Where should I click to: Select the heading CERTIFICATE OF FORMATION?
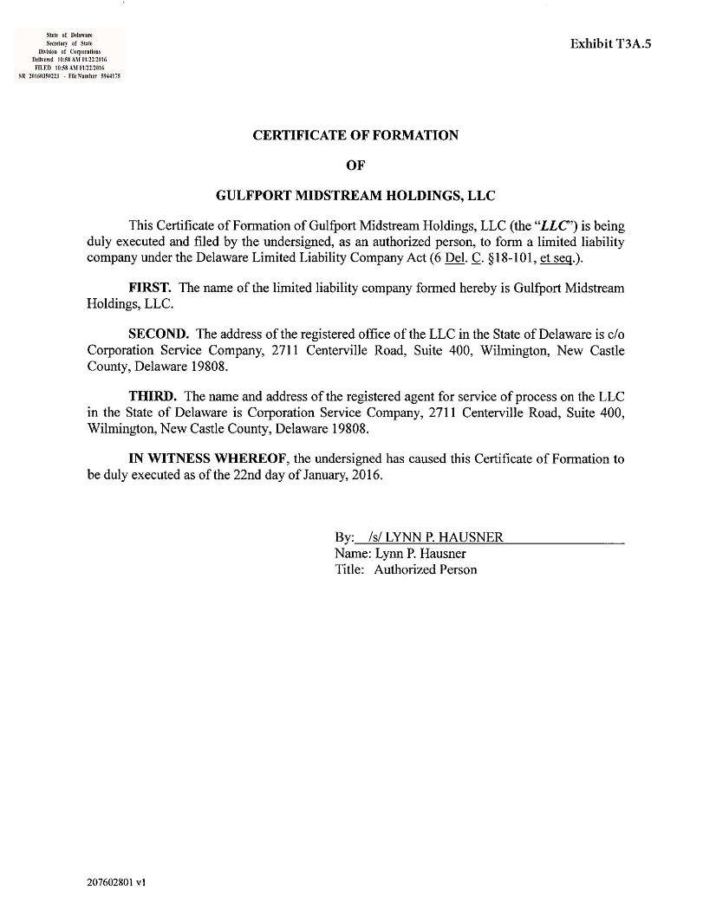tap(355, 135)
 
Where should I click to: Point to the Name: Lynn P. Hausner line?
tap(400, 554)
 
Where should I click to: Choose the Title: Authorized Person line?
tap(406, 570)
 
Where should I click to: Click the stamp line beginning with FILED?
tap(69, 66)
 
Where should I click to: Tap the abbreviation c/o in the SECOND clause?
tap(615, 334)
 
